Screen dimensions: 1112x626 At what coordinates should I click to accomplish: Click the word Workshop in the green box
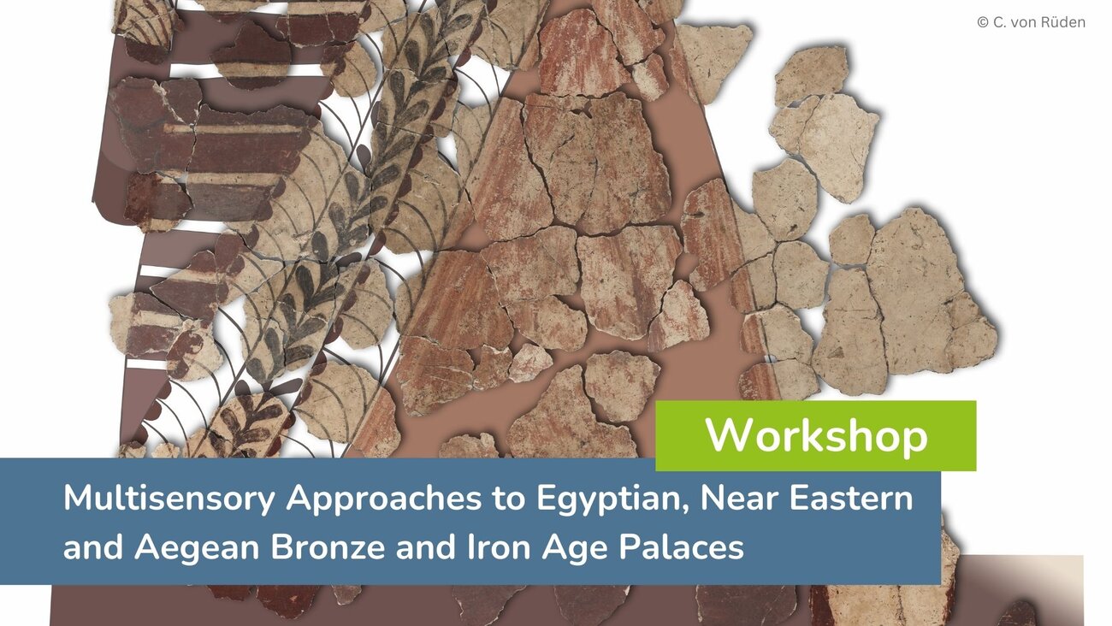(x=816, y=435)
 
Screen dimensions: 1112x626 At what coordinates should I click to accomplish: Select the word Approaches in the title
(x=384, y=499)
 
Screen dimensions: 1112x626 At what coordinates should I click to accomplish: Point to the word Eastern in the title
(x=851, y=498)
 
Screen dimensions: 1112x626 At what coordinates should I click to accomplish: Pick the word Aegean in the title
(x=196, y=548)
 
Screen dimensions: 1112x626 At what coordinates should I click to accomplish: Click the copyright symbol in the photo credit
(x=983, y=22)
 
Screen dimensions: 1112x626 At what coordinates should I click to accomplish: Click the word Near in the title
(x=737, y=498)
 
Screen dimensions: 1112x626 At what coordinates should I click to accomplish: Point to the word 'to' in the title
(x=509, y=499)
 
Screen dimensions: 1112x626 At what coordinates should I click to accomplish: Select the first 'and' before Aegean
(x=93, y=546)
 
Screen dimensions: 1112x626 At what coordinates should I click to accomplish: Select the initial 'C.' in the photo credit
(x=998, y=23)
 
